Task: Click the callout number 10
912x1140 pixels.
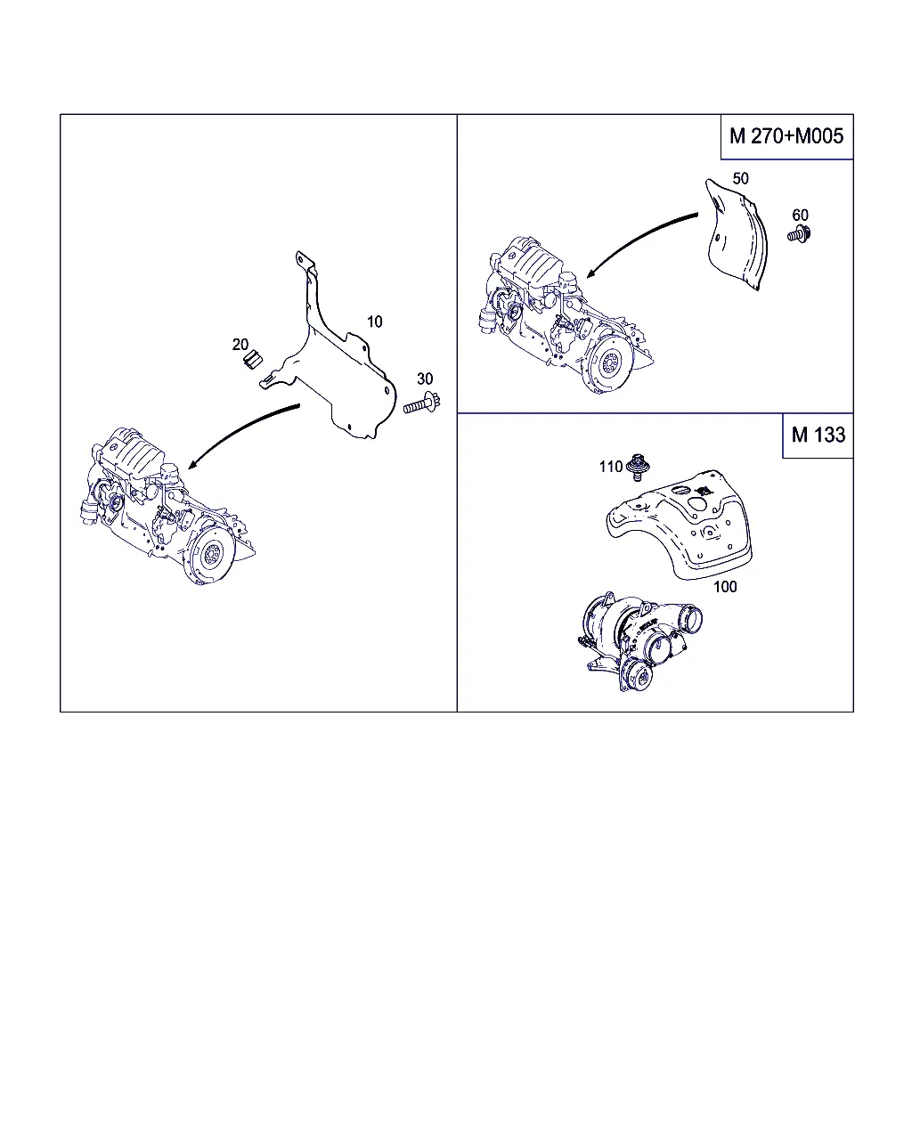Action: tap(374, 322)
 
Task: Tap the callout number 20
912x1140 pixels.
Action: tap(240, 345)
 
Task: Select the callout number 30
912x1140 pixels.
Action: tap(425, 379)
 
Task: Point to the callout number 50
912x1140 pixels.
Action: tap(740, 178)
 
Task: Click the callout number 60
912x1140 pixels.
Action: tap(800, 215)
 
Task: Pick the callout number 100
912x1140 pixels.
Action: tap(725, 586)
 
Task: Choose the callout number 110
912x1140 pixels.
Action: tap(610, 467)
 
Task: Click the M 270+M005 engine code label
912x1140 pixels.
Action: tap(786, 136)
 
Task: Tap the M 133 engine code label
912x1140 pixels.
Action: tap(818, 435)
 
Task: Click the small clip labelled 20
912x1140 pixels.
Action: tap(253, 360)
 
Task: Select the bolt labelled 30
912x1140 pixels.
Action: tap(422, 404)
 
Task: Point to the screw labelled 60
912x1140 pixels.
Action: tap(799, 233)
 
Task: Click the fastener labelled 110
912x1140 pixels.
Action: tap(638, 467)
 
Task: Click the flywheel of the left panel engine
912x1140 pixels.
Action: tap(211, 554)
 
